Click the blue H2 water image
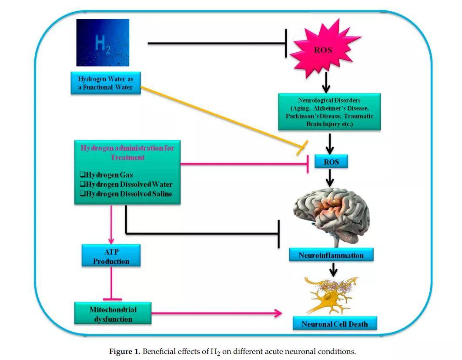103,42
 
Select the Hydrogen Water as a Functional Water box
105,83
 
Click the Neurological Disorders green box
329,111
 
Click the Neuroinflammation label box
331,255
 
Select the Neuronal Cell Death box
335,324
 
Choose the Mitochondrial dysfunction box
113,314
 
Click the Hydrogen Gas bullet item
106,175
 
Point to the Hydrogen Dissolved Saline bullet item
126,193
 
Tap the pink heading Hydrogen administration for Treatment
127,152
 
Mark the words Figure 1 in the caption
124,351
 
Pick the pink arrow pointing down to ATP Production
112,224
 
